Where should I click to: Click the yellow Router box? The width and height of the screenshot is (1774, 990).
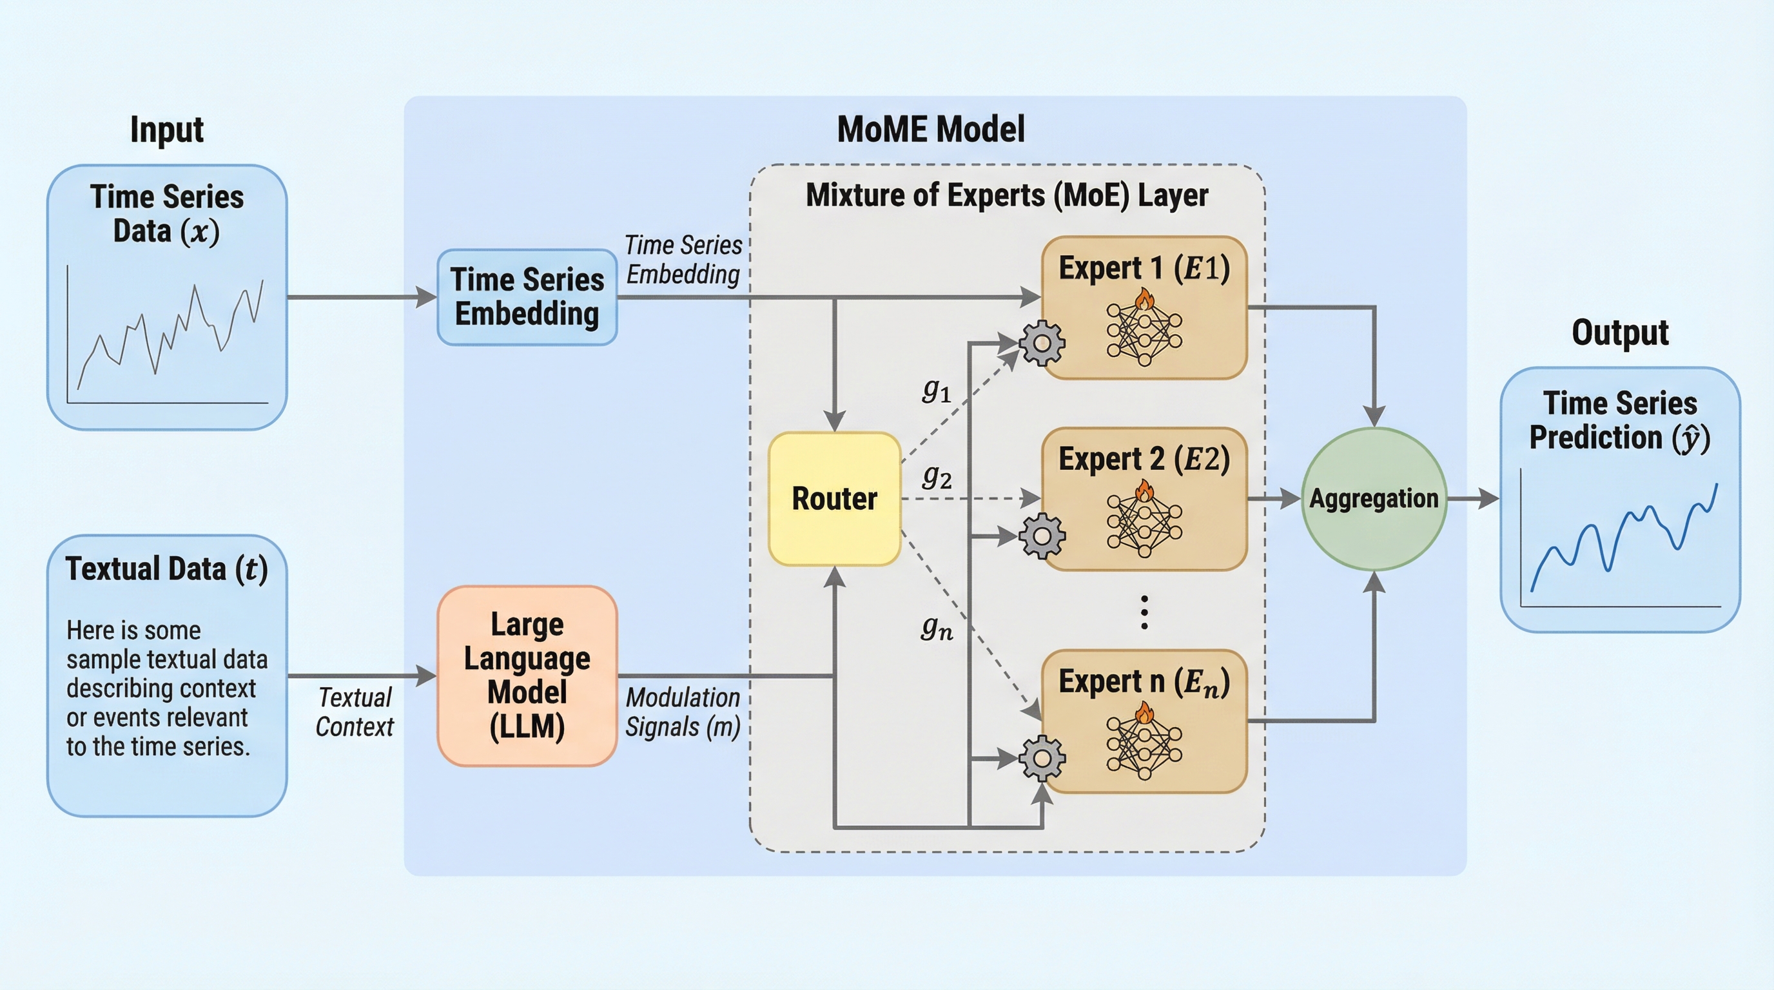click(834, 498)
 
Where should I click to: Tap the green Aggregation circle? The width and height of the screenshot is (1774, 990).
click(1373, 498)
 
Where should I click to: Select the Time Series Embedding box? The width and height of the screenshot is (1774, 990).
click(527, 296)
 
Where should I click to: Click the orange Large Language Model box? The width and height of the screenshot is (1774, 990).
click(527, 675)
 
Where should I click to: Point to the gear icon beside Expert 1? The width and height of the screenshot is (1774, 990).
click(1042, 342)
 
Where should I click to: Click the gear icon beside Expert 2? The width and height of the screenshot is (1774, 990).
click(1042, 535)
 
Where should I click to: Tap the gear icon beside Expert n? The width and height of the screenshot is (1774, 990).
click(1042, 757)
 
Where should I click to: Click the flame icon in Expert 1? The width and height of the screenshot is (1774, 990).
click(1145, 299)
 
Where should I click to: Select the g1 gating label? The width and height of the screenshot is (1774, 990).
click(937, 391)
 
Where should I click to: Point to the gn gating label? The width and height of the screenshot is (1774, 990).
click(937, 627)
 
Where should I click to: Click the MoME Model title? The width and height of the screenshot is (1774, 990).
click(930, 130)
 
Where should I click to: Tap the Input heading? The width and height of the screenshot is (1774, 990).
click(167, 130)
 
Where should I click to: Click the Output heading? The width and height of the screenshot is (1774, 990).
click(1620, 333)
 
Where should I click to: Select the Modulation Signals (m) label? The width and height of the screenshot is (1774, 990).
click(683, 712)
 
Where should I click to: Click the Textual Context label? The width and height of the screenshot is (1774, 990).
click(355, 712)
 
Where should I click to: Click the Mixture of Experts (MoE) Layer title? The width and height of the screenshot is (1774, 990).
click(1007, 195)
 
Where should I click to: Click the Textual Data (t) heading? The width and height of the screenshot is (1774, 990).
click(167, 568)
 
